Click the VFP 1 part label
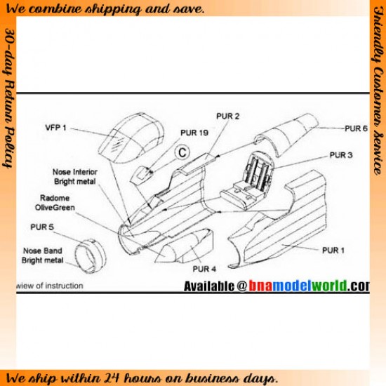pyautogui.click(x=55, y=128)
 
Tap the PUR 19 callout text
pyautogui.click(x=194, y=133)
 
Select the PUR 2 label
pyautogui.click(x=227, y=116)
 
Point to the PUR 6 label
pyautogui.click(x=356, y=128)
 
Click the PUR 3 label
pyautogui.click(x=341, y=155)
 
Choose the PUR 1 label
pyautogui.click(x=333, y=251)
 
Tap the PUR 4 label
pyautogui.click(x=204, y=269)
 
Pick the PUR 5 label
pyautogui.click(x=42, y=227)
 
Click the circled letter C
pyautogui.click(x=182, y=152)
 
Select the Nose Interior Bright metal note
pyautogui.click(x=75, y=176)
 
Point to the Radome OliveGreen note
pyautogui.click(x=55, y=203)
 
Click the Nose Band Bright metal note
pyautogui.click(x=42, y=255)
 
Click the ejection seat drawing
pyautogui.click(x=248, y=181)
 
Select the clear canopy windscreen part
pyautogui.click(x=131, y=138)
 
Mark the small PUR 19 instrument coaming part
pyautogui.click(x=141, y=175)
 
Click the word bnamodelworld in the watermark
pyautogui.click(x=298, y=286)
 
